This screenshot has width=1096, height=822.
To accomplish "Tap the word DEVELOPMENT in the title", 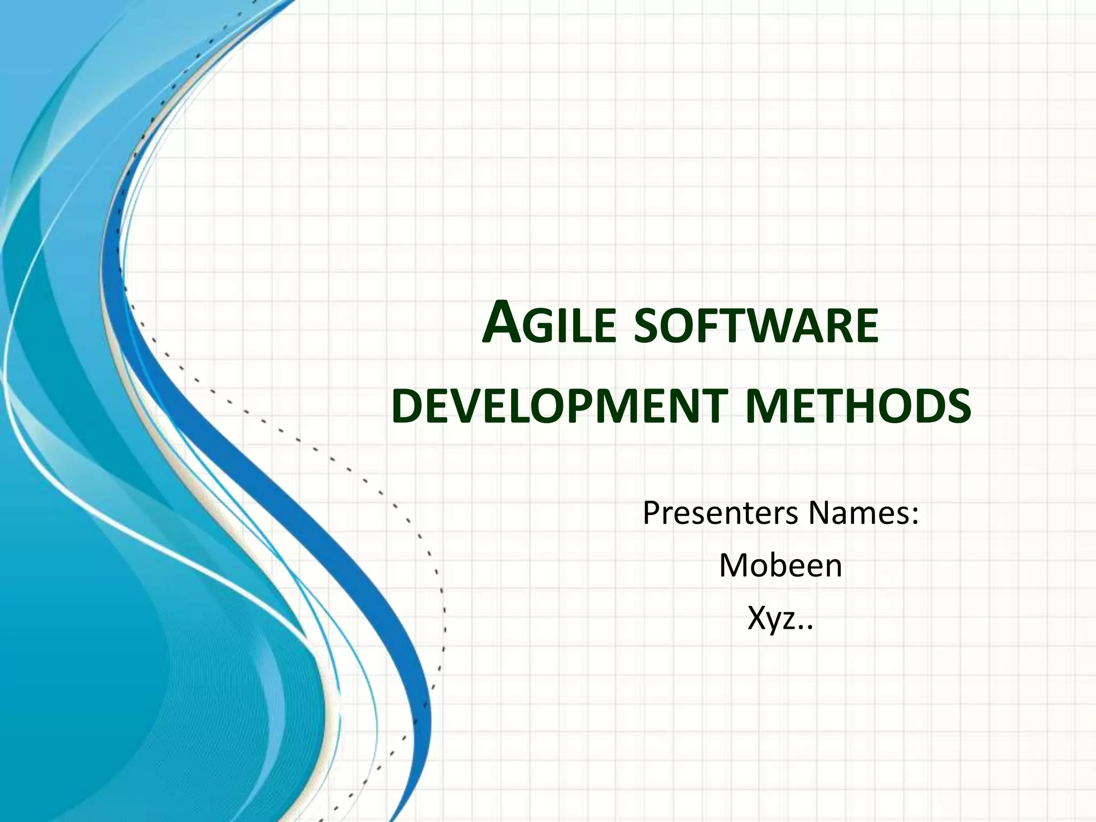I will pyautogui.click(x=559, y=407).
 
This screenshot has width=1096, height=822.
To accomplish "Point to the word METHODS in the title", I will pyautogui.click(x=858, y=407).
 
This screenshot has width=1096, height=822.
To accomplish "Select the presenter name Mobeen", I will pyautogui.click(x=780, y=566).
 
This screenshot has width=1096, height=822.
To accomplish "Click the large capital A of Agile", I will pyautogui.click(x=500, y=323).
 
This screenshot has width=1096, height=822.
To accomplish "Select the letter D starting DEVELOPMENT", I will pyautogui.click(x=405, y=407).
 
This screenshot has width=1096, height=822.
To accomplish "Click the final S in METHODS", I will pyautogui.click(x=958, y=407).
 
